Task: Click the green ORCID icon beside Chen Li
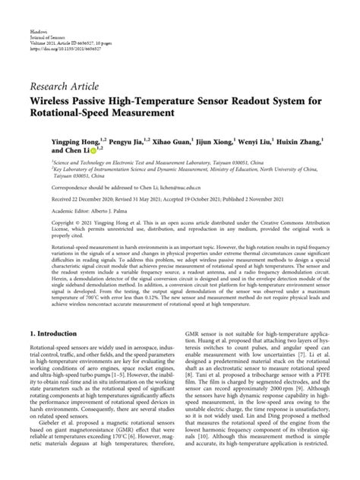click(x=82, y=151)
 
